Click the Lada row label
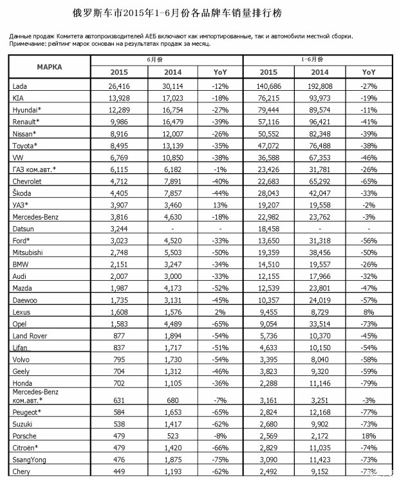[19, 86]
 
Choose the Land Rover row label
[29, 336]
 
